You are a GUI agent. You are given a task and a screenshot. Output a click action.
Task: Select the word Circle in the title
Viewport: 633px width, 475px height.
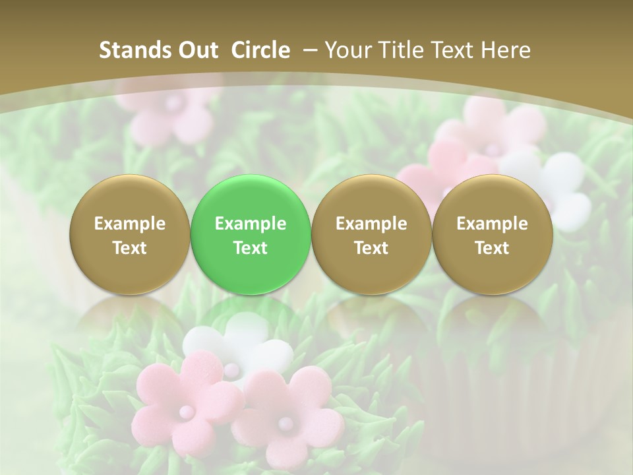pyautogui.click(x=260, y=50)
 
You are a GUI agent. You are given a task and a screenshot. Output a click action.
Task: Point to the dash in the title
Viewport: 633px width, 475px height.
pyautogui.click(x=308, y=51)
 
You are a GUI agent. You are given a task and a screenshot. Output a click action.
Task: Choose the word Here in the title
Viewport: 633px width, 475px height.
pyautogui.click(x=508, y=50)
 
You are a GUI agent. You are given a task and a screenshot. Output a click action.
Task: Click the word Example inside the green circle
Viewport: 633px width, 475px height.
pyautogui.click(x=251, y=224)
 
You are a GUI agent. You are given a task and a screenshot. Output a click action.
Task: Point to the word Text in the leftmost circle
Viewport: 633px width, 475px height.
pyautogui.click(x=130, y=248)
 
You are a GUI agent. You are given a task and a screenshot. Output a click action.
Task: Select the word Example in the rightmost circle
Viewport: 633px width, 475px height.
pyautogui.click(x=492, y=224)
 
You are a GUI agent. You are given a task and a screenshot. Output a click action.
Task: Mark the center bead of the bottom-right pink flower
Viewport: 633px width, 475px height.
pyautogui.click(x=284, y=422)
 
